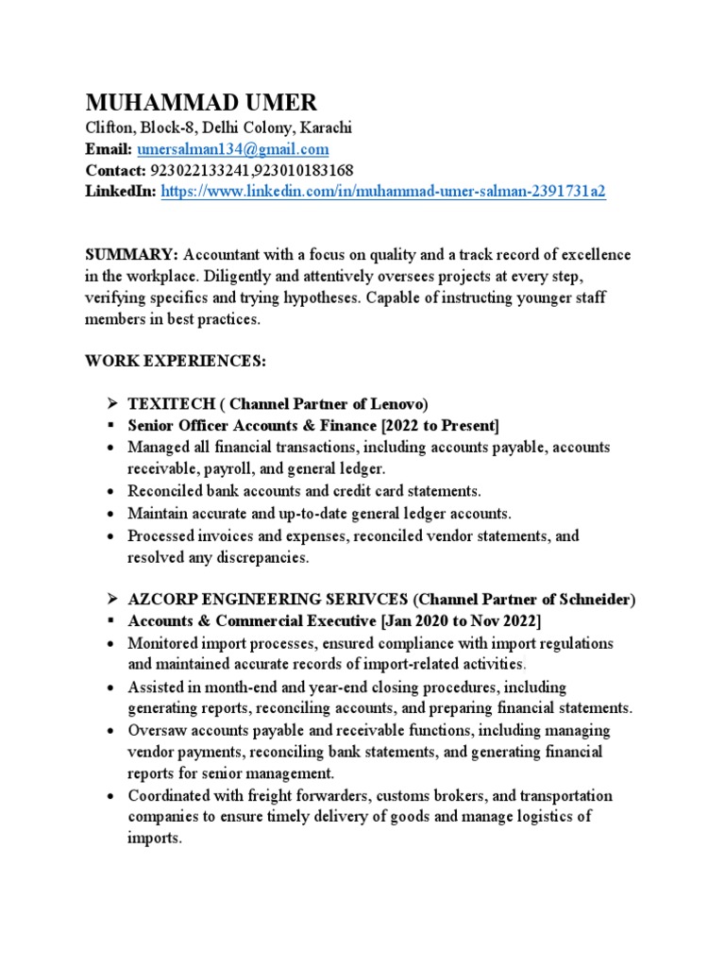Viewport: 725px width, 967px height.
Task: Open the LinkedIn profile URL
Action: (x=383, y=191)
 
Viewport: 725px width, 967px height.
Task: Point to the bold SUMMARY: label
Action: (x=131, y=256)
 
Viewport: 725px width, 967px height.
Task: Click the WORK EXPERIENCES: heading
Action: (x=177, y=362)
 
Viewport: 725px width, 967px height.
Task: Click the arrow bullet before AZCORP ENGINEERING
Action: (x=111, y=600)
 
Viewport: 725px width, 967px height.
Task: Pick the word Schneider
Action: (x=598, y=600)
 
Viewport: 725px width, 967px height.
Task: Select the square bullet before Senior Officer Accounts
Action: (x=111, y=425)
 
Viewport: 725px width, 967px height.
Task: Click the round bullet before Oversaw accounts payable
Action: (x=111, y=731)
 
